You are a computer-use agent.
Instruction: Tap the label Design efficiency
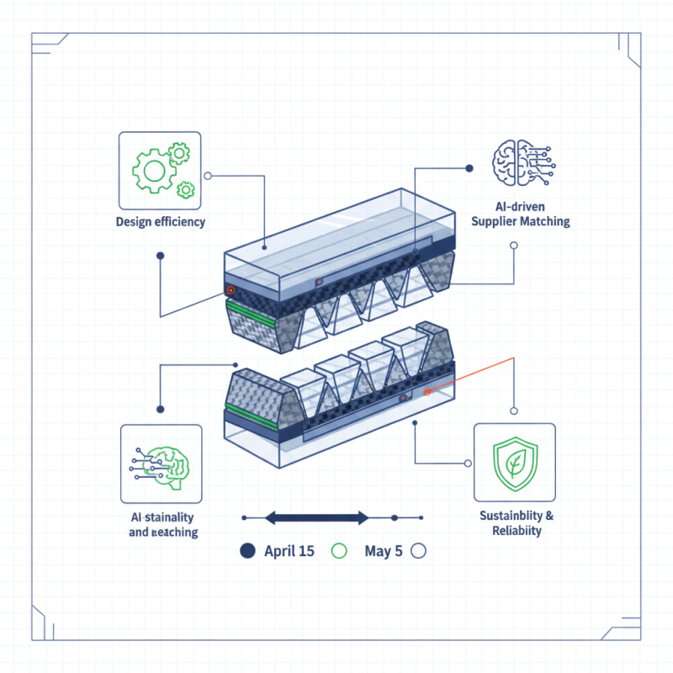[161, 223]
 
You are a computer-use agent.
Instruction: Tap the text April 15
[289, 552]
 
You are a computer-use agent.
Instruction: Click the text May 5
[383, 552]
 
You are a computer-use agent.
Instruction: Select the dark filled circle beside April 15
[246, 552]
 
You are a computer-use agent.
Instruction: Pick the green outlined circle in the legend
[339, 552]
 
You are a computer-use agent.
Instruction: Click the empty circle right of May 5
[419, 552]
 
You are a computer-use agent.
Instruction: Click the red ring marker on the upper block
[229, 289]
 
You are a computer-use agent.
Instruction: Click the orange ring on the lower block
[427, 391]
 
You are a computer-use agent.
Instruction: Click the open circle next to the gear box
[209, 177]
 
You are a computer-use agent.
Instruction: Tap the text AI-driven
[520, 206]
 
